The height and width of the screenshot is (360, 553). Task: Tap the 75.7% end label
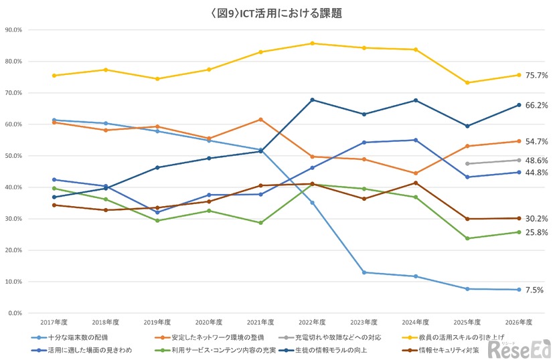[x=536, y=76]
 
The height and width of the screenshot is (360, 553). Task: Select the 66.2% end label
[x=536, y=105]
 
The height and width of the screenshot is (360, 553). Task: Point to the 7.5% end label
[x=534, y=290]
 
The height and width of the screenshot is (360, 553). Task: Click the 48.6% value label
[x=536, y=161]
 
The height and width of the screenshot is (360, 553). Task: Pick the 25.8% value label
[x=536, y=232]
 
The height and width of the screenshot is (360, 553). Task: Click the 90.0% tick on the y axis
[x=13, y=30]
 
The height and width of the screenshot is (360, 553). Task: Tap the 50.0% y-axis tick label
[x=13, y=156]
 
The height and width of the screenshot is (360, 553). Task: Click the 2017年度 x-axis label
[x=54, y=323]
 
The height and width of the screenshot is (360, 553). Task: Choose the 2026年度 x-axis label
[x=519, y=323]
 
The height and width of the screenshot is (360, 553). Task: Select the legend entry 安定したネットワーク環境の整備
[x=218, y=337]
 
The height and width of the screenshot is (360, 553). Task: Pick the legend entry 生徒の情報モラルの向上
[x=325, y=349]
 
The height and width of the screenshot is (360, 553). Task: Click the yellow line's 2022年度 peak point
[x=313, y=43]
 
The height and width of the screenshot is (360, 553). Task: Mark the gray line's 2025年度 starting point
[x=467, y=164]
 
